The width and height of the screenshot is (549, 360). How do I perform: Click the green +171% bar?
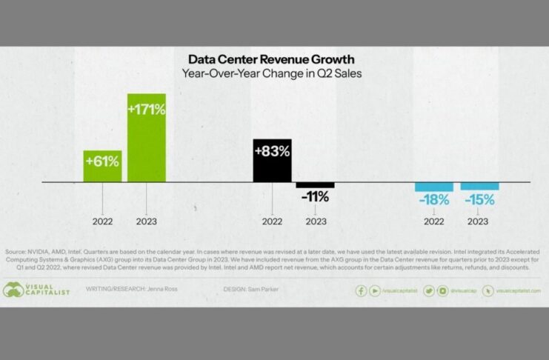pyautogui.click(x=147, y=137)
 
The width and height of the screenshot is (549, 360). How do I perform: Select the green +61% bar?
pyautogui.click(x=102, y=165)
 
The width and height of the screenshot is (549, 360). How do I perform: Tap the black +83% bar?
pyautogui.click(x=272, y=160)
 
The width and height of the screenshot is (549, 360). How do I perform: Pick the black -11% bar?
pyautogui.click(x=316, y=185)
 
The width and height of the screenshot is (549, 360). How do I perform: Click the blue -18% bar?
pyautogui.click(x=433, y=187)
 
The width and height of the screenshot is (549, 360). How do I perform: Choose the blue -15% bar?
pyautogui.click(x=479, y=186)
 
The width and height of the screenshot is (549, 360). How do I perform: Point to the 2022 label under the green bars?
pyautogui.click(x=102, y=221)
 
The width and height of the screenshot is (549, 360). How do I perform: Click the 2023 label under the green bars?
pyautogui.click(x=147, y=221)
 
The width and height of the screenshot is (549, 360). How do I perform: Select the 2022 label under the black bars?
pyautogui.click(x=272, y=221)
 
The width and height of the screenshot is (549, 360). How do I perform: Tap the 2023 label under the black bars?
pyautogui.click(x=316, y=221)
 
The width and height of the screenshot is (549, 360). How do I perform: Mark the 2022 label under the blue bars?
pyautogui.click(x=433, y=221)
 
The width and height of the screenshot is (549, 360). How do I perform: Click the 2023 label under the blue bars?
pyautogui.click(x=478, y=221)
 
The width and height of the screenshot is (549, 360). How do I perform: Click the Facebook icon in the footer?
pyautogui.click(x=362, y=291)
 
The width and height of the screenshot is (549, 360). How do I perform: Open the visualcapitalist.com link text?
pyautogui.click(x=518, y=291)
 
